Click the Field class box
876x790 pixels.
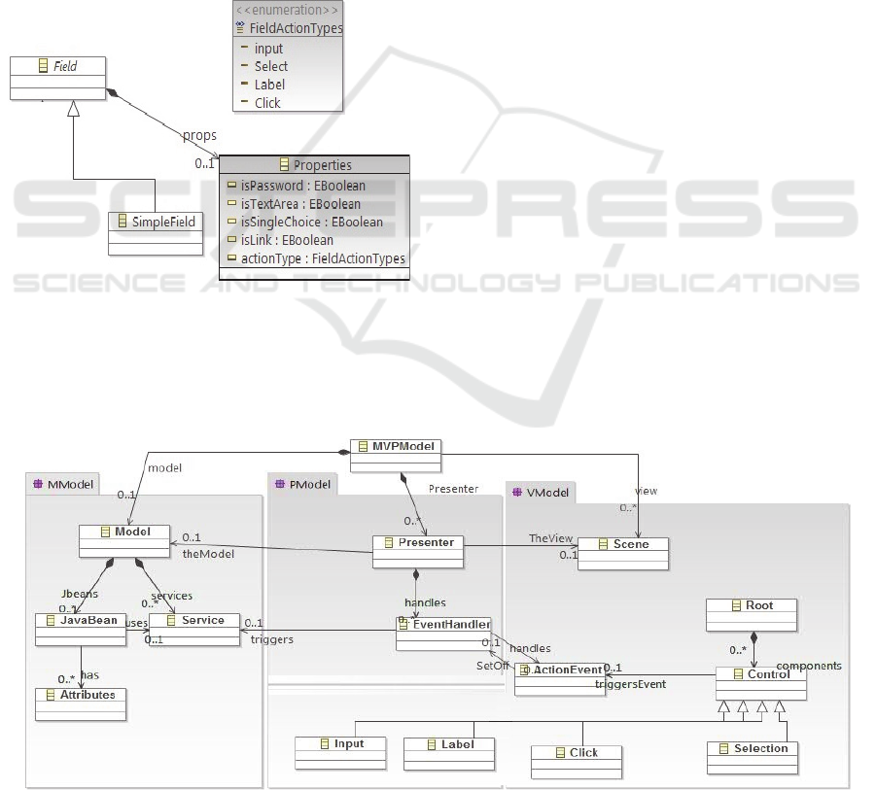[x=57, y=67]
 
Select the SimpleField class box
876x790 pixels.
[x=156, y=223]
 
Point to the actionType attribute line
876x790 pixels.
[x=315, y=258]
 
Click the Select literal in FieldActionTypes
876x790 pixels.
[x=271, y=66]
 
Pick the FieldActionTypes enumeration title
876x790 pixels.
[x=296, y=29]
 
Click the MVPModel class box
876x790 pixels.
[x=395, y=446]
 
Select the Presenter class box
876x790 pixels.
[x=418, y=543]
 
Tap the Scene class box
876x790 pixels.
[x=624, y=545]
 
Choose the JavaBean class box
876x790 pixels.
[x=81, y=621]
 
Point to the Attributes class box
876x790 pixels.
[x=81, y=695]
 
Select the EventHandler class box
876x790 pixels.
[x=443, y=625]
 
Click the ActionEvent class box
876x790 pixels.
[x=559, y=670]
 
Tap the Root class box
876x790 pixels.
[x=752, y=605]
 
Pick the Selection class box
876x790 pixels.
[x=753, y=748]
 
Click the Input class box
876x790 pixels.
[x=340, y=744]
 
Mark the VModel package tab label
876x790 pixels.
[x=542, y=493]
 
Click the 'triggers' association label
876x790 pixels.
[x=272, y=639]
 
